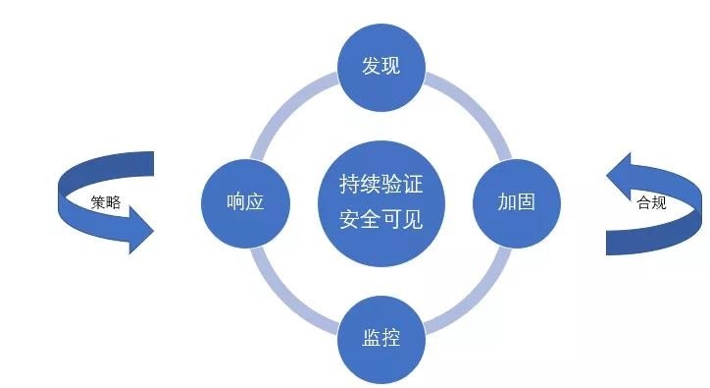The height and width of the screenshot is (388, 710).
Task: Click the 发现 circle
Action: pyautogui.click(x=381, y=67)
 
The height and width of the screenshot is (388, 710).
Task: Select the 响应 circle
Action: pyautogui.click(x=245, y=203)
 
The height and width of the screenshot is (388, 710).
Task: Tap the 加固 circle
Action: pyautogui.click(x=517, y=203)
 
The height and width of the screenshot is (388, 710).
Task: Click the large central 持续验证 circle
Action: pyautogui.click(x=381, y=203)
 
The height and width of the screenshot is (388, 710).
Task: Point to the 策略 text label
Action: pyautogui.click(x=106, y=202)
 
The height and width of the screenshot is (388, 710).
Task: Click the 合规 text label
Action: pyautogui.click(x=651, y=202)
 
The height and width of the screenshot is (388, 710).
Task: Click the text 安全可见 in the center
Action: pyautogui.click(x=381, y=220)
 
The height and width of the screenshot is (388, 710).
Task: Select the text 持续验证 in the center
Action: pyautogui.click(x=381, y=185)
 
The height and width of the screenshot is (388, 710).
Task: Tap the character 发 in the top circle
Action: pyautogui.click(x=372, y=66)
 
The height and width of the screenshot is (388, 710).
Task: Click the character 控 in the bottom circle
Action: pyautogui.click(x=391, y=338)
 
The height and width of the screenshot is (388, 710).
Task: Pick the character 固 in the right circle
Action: pyautogui.click(x=527, y=202)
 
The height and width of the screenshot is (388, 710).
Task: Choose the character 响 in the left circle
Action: pyautogui.click(x=235, y=202)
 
